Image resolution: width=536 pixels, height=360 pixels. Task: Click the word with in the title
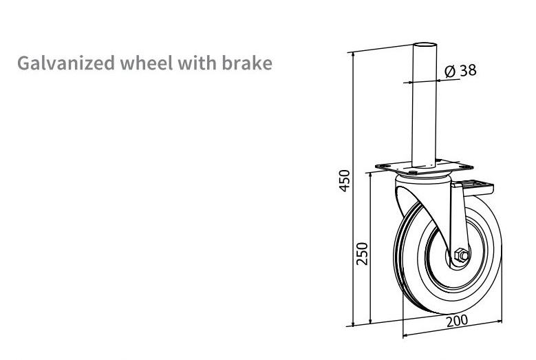pos(197,63)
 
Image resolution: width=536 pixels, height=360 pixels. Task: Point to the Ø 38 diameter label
pos(460,70)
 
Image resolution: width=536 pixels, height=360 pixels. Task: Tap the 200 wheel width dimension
pos(456,321)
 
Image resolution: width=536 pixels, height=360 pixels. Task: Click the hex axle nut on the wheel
pos(460,257)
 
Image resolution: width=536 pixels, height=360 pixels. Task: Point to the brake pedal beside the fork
pos(481,186)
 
